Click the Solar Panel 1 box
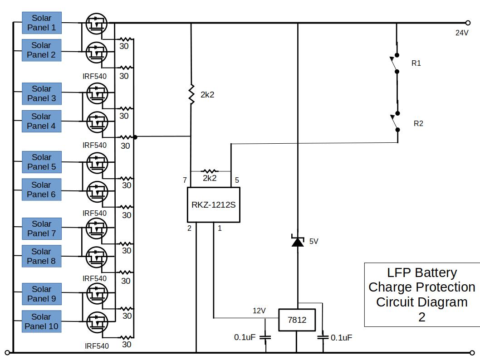(41, 23)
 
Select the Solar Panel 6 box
(41, 190)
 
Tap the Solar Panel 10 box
(41, 321)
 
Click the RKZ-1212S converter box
(213, 204)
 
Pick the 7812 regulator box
(297, 320)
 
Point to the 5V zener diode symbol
(298, 241)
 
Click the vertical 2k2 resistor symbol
(191, 95)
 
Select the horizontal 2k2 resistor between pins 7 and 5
(209, 171)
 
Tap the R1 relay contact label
(416, 63)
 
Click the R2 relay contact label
(418, 123)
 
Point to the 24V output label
(462, 33)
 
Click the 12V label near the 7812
(259, 311)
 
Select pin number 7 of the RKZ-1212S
(185, 180)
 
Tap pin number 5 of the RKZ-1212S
(237, 180)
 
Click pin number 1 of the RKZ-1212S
(220, 228)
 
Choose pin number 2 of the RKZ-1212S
(190, 228)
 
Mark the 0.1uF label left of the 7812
(245, 337)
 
